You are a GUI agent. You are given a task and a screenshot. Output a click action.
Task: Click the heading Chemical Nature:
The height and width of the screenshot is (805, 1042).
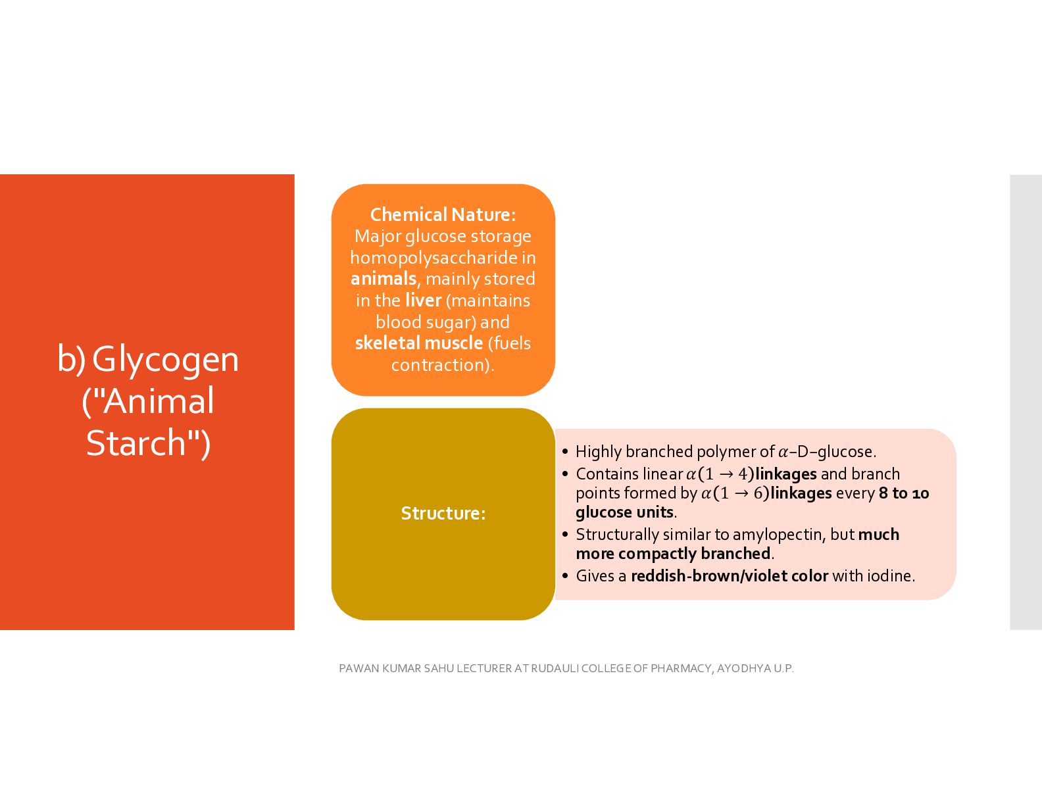[443, 214]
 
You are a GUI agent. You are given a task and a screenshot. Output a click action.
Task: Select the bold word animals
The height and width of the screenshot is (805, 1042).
[383, 279]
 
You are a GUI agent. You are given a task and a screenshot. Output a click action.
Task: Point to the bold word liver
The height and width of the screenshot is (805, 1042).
[423, 300]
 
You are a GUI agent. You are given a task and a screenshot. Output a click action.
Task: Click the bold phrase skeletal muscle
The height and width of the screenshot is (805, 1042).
[418, 343]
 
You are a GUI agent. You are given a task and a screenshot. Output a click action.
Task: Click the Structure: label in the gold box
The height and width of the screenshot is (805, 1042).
[443, 513]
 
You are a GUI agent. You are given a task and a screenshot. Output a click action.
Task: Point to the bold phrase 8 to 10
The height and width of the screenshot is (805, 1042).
[904, 493]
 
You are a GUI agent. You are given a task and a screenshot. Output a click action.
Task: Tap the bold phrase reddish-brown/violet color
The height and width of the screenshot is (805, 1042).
[730, 576]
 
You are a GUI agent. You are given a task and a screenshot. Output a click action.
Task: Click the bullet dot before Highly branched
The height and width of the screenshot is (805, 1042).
[565, 452]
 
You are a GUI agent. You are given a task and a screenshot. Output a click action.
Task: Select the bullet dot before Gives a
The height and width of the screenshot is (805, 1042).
[565, 576]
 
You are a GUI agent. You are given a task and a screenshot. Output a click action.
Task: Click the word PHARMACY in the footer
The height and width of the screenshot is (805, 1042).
[681, 668]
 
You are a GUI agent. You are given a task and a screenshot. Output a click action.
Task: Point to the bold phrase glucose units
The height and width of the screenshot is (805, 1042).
[624, 512]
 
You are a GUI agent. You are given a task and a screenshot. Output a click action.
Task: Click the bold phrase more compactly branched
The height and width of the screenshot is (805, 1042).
[673, 554]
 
